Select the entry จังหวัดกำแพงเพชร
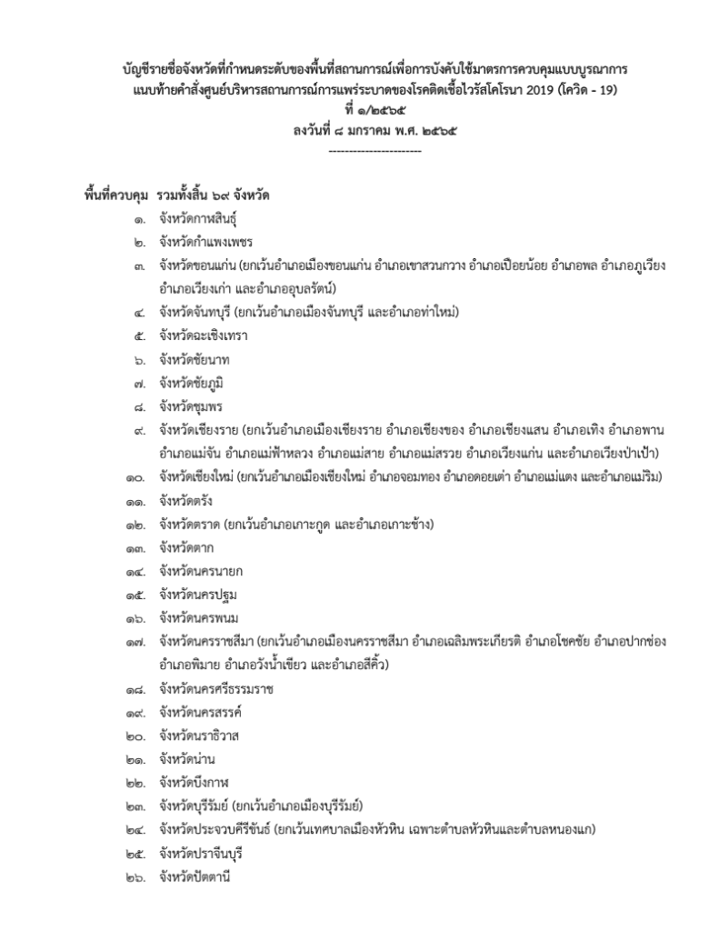[x=205, y=243]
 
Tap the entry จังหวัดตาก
[x=186, y=547]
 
